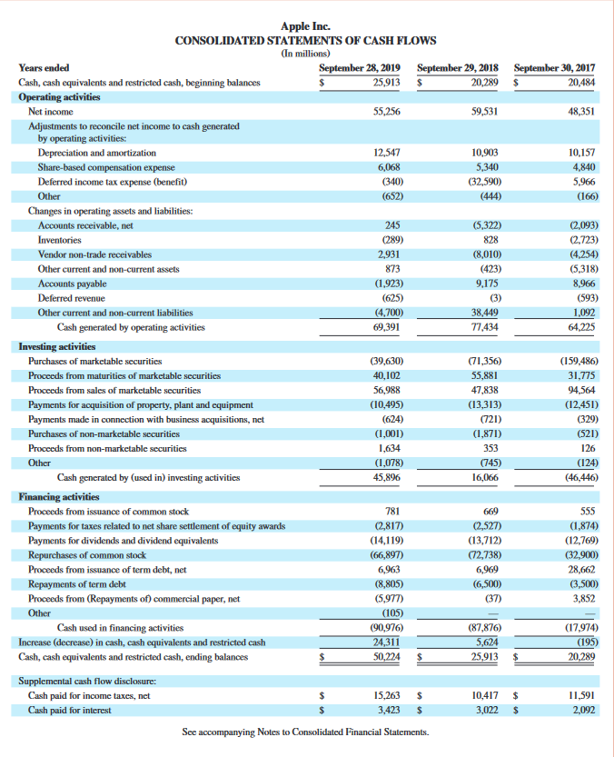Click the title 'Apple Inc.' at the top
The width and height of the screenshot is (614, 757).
pyautogui.click(x=305, y=26)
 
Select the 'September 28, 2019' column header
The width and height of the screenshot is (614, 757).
pyautogui.click(x=361, y=67)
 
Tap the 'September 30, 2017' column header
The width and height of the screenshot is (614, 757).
pyautogui.click(x=555, y=67)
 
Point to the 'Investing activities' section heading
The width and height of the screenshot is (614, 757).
pyautogui.click(x=57, y=346)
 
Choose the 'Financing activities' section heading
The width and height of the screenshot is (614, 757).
pyautogui.click(x=59, y=497)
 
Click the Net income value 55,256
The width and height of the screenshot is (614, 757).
pyautogui.click(x=388, y=111)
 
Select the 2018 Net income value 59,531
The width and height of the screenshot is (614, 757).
pyautogui.click(x=484, y=111)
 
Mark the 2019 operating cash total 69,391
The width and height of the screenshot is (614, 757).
pyautogui.click(x=388, y=327)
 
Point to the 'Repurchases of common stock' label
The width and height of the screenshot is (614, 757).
pyautogui.click(x=87, y=554)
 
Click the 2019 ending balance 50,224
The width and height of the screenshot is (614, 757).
pyautogui.click(x=388, y=657)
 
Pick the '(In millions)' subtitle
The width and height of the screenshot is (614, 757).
pyautogui.click(x=305, y=54)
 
